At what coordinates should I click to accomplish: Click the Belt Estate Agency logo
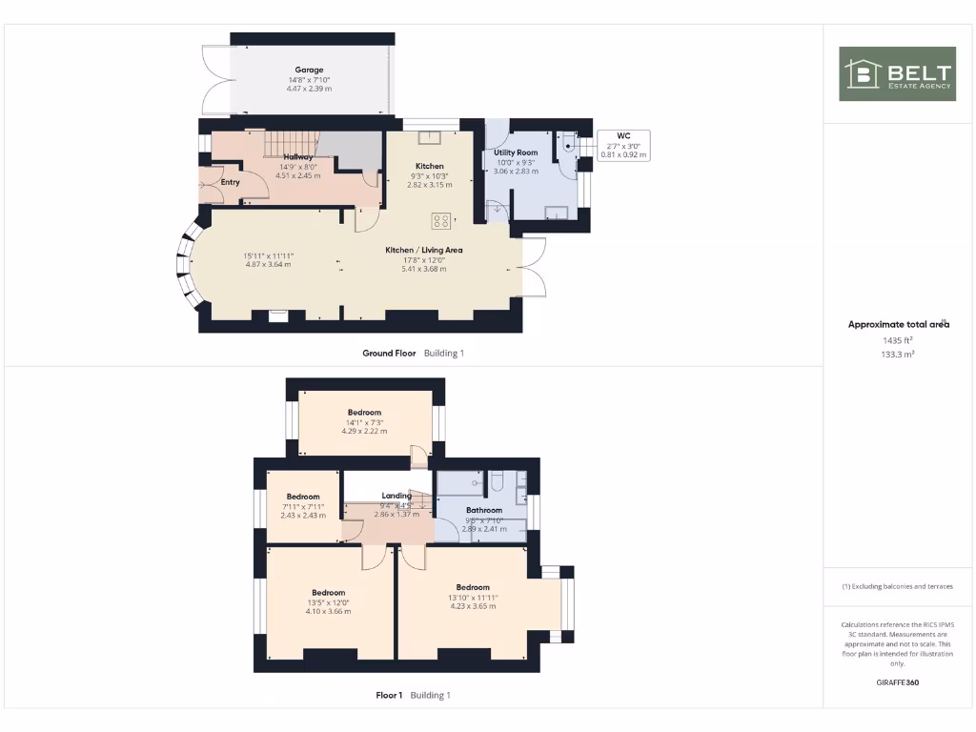[x=897, y=73]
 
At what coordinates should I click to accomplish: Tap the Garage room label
[x=309, y=70]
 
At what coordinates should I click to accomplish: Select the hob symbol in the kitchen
[x=441, y=221]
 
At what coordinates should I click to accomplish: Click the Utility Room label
[x=516, y=152]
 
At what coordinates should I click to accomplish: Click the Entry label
[x=230, y=182]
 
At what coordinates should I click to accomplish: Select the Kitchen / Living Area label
[x=423, y=250]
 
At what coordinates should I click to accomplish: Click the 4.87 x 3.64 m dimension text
[x=267, y=264]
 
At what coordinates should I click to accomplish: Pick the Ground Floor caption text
[x=389, y=353]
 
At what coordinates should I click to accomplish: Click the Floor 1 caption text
[x=389, y=695]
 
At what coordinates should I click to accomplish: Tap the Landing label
[x=396, y=496]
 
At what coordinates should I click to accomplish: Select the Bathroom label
[x=484, y=510]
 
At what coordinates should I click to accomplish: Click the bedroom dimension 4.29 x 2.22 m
[x=364, y=431]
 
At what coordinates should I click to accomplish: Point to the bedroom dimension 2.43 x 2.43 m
[x=303, y=515]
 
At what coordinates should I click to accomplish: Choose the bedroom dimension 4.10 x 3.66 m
[x=328, y=611]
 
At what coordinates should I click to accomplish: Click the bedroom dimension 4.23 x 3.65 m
[x=473, y=606]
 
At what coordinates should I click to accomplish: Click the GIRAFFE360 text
[x=898, y=682]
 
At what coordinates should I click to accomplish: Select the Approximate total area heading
[x=899, y=324]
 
